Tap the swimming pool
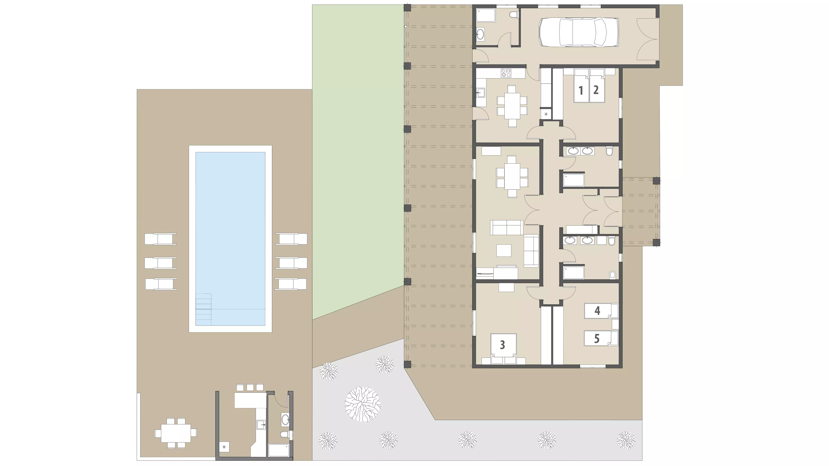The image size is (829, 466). (x=230, y=239)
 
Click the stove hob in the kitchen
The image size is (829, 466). (x=506, y=73)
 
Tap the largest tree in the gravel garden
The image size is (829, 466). (x=363, y=404)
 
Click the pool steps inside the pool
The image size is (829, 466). (x=203, y=309)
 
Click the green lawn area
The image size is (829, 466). (x=358, y=154)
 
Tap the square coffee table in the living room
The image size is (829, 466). (x=504, y=251)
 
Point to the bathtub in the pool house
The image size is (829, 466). (x=279, y=450)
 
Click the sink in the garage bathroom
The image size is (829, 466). (x=480, y=34)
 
